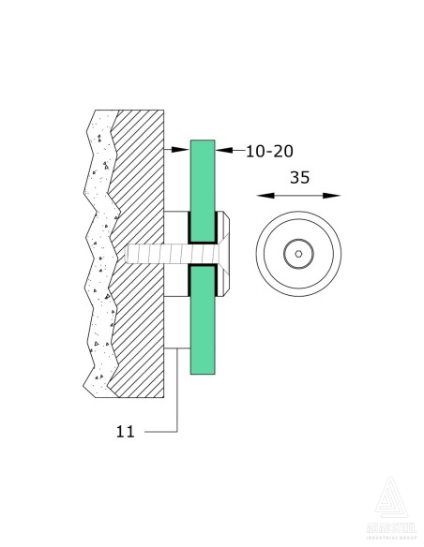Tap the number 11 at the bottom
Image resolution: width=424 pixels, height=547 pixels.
tap(127, 432)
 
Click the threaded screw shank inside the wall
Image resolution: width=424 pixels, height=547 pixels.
tap(150, 254)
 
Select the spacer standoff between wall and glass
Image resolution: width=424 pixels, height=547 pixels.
tap(177, 229)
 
